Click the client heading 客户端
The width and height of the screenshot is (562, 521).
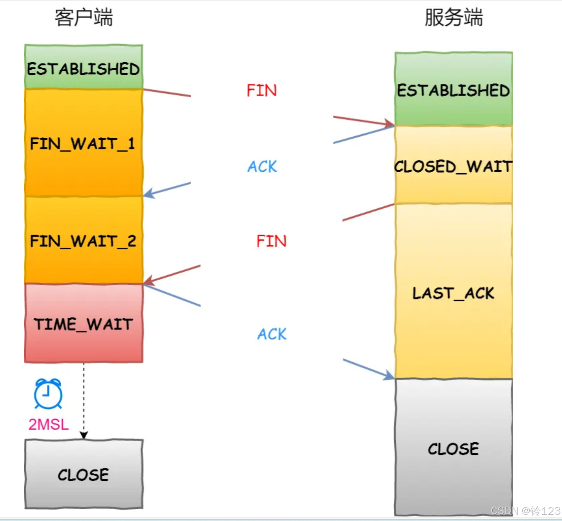pyautogui.click(x=84, y=18)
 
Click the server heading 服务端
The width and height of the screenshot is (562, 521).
pyautogui.click(x=453, y=18)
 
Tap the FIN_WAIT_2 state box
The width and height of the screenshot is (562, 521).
pyautogui.click(x=83, y=240)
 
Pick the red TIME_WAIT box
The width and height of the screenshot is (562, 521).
pyautogui.click(x=83, y=323)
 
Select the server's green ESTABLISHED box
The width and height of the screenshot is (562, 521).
pyautogui.click(x=453, y=89)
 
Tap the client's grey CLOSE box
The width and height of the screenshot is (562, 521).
pyautogui.click(x=83, y=474)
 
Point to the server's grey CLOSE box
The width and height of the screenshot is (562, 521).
pyautogui.click(x=453, y=448)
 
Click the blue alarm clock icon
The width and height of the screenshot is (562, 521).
pyautogui.click(x=48, y=394)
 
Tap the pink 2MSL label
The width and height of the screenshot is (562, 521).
pyautogui.click(x=49, y=424)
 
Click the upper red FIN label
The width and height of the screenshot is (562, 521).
pyautogui.click(x=262, y=90)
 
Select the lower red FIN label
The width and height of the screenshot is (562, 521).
pyautogui.click(x=271, y=241)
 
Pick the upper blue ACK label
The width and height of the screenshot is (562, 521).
pyautogui.click(x=262, y=166)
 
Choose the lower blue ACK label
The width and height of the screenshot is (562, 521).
pyautogui.click(x=272, y=334)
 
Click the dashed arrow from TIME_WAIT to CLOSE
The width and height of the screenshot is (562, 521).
pyautogui.click(x=84, y=401)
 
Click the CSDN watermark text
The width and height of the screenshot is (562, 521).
pyautogui.click(x=525, y=510)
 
